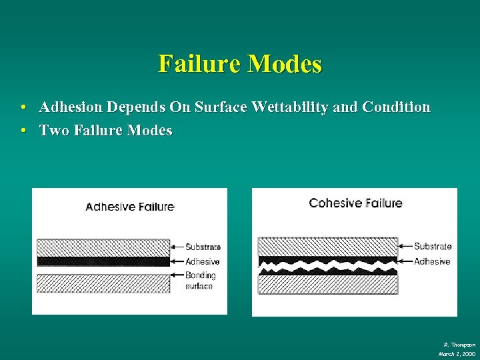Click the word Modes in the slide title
point(285,64)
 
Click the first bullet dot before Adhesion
point(23,107)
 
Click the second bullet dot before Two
point(23,131)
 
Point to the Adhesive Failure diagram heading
point(129,207)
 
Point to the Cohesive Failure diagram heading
point(355,203)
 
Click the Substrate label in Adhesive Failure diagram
point(203,247)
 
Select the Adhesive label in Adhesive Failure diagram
point(202,262)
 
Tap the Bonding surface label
point(200,280)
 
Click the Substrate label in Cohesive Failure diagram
point(433,246)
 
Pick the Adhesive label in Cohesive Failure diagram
point(432,261)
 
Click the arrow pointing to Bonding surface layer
point(177,275)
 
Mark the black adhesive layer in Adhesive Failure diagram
point(103,261)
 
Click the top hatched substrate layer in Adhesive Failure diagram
point(103,247)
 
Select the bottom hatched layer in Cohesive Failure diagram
point(327,285)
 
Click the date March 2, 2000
point(457,353)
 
